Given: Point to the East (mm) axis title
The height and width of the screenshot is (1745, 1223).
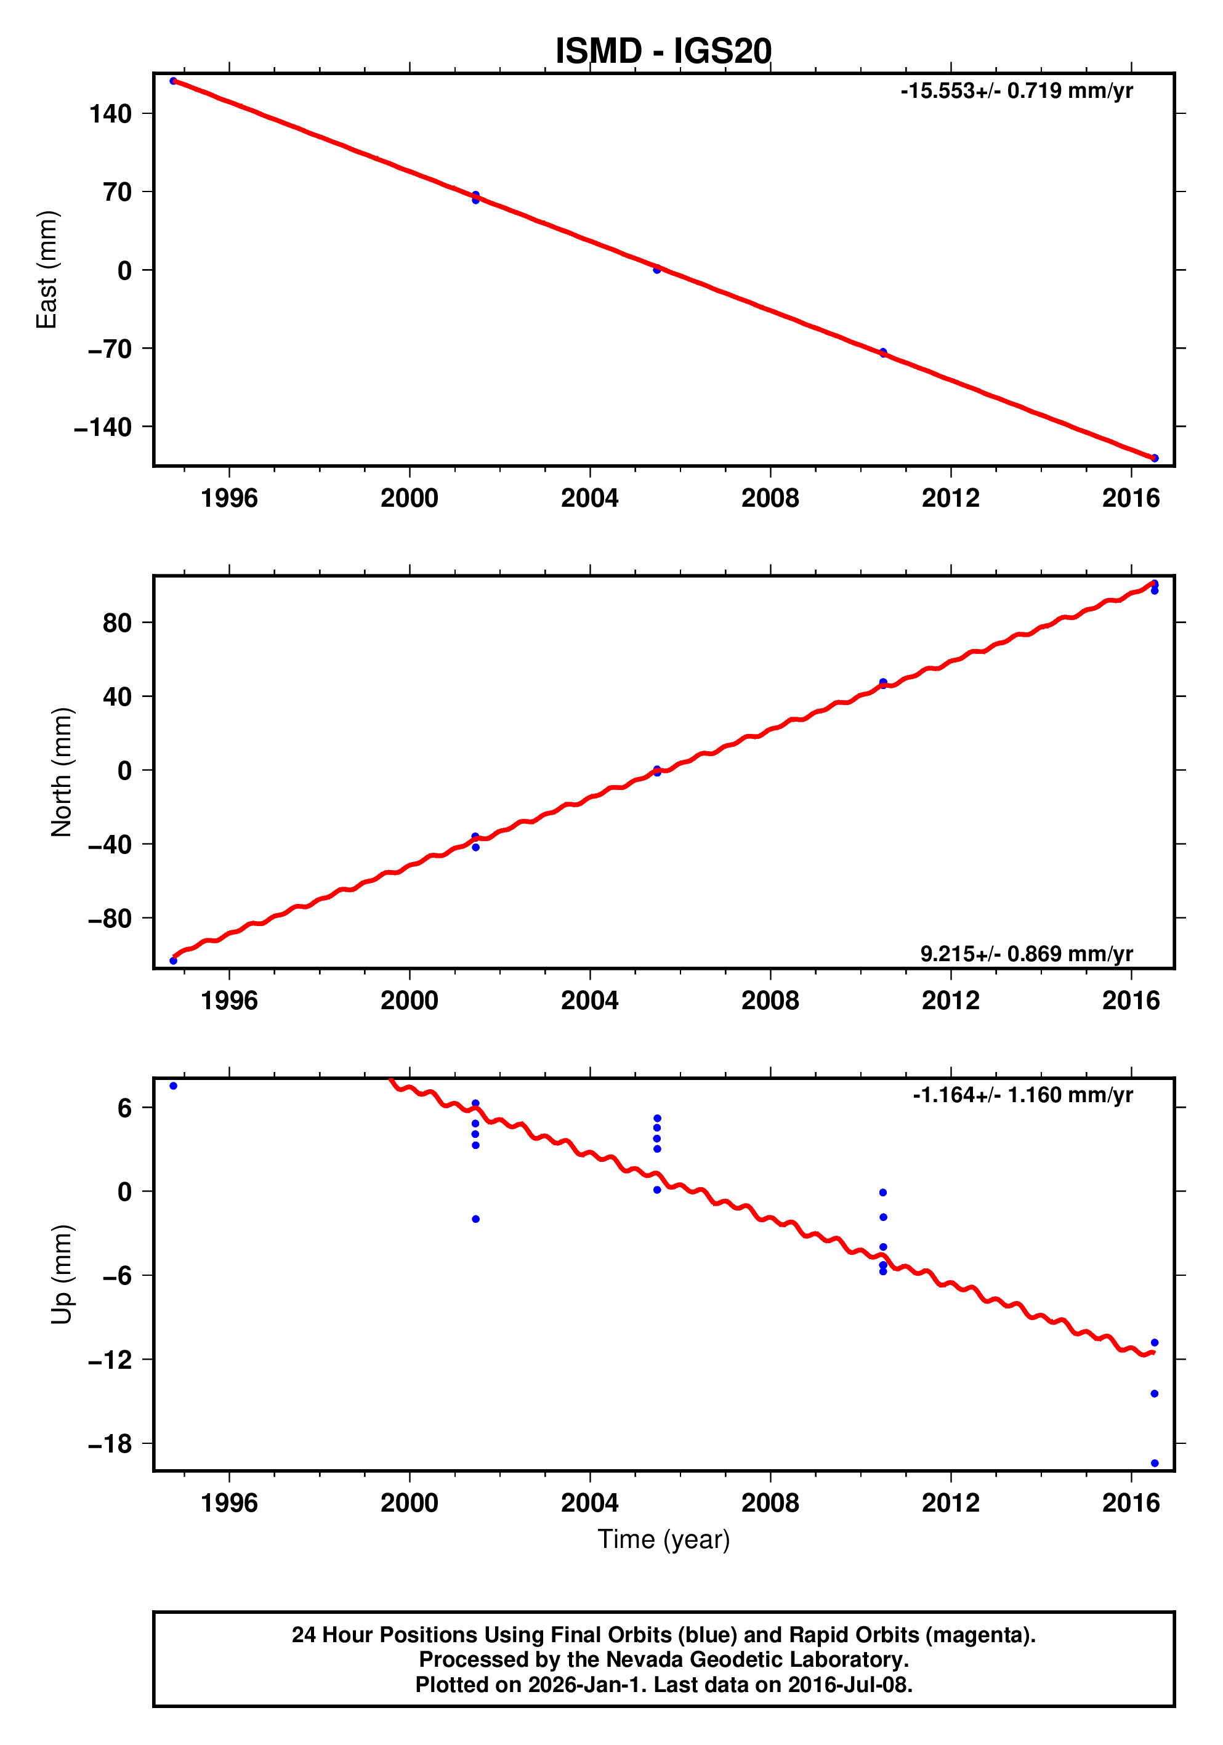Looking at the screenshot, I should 47,270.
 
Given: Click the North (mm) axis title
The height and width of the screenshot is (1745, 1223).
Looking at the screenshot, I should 62,772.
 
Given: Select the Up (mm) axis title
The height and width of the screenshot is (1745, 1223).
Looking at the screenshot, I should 62,1275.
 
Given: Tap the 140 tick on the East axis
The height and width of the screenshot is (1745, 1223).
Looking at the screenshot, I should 110,114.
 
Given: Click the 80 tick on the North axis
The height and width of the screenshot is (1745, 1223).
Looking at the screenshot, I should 117,623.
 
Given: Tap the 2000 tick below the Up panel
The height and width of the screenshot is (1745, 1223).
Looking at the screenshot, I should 409,1503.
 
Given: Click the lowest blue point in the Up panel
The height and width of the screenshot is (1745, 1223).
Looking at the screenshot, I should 1154,1463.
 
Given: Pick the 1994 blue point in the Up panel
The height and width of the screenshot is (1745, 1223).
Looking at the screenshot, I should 173,1086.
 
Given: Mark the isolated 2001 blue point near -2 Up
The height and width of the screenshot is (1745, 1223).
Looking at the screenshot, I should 476,1219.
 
